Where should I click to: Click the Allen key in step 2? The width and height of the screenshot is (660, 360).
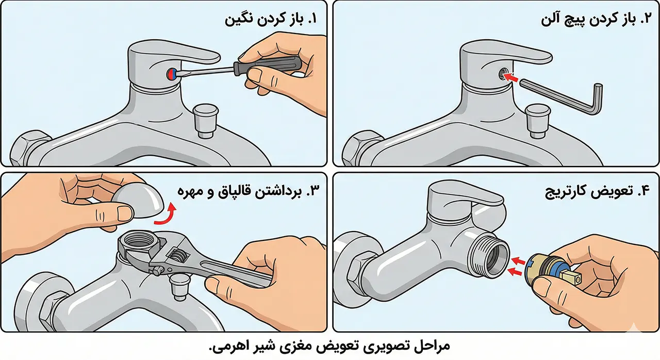(562, 95)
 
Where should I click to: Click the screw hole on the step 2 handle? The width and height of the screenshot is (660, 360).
(501, 75)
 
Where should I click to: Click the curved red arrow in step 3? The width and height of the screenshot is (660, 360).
(167, 215)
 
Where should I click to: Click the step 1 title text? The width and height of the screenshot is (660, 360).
(271, 21)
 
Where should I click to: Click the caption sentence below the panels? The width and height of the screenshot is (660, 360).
(330, 345)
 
